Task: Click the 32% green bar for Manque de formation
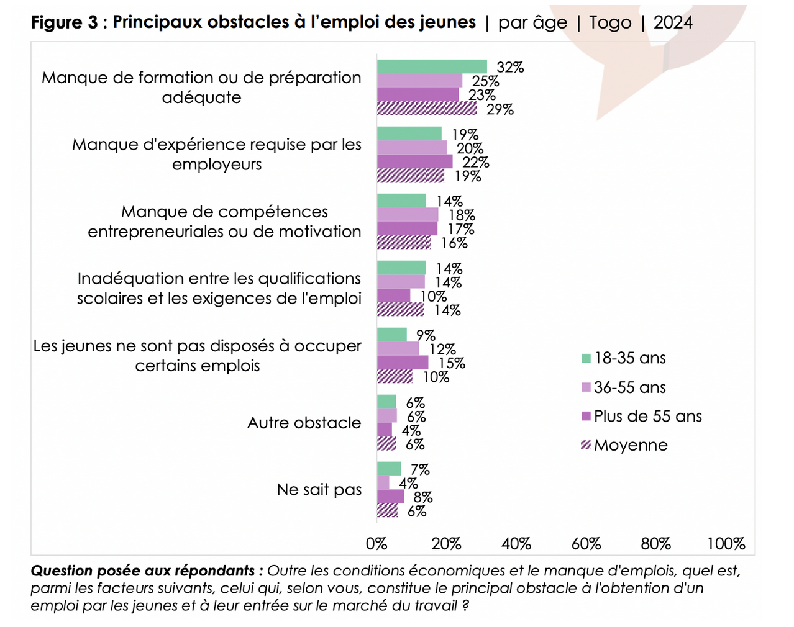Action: [x=432, y=66]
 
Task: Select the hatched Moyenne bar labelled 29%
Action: [x=427, y=109]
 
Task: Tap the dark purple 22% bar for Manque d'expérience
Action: [x=414, y=161]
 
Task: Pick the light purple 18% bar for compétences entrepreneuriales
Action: [x=408, y=215]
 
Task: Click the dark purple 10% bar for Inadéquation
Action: [x=394, y=295]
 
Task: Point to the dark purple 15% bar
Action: [x=403, y=363]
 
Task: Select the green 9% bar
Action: [x=392, y=335]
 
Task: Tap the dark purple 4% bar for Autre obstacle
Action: [x=385, y=430]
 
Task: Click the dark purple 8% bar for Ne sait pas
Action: [x=390, y=497]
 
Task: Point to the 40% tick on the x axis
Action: [x=516, y=544]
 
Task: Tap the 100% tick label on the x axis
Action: [x=726, y=544]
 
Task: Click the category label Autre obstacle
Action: [x=304, y=423]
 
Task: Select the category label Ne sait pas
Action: [x=319, y=490]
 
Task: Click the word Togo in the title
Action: [x=610, y=22]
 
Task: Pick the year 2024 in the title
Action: [x=673, y=22]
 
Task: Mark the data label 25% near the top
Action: [x=485, y=81]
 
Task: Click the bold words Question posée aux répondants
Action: [x=143, y=571]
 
